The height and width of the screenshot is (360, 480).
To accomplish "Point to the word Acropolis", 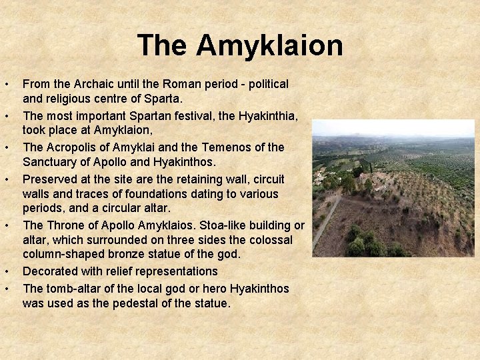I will point(69,147).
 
